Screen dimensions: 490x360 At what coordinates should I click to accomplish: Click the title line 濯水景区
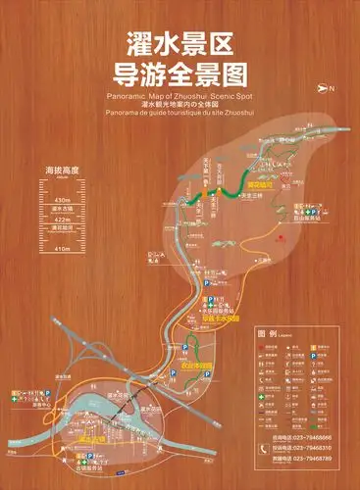(180, 42)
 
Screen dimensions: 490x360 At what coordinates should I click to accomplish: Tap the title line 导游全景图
(180, 73)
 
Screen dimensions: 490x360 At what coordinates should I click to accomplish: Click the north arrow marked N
(327, 88)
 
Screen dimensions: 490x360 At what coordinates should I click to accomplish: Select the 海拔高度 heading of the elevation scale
(62, 171)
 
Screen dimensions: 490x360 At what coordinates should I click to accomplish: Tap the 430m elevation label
(62, 198)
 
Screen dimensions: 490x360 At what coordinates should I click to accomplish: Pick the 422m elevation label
(62, 220)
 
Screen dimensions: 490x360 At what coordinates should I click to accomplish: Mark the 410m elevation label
(62, 249)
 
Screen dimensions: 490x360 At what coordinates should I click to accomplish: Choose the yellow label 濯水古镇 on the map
(90, 442)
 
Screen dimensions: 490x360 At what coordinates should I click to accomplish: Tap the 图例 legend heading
(266, 334)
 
